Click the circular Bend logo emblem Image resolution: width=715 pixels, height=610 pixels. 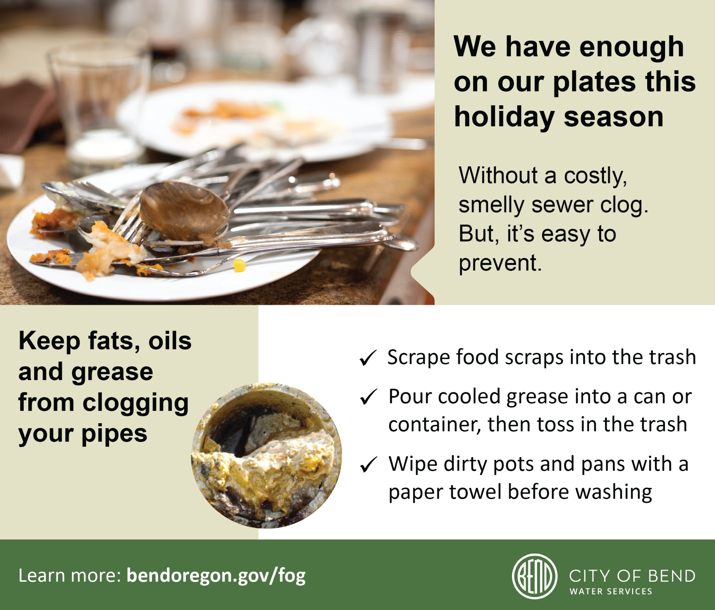tap(535, 576)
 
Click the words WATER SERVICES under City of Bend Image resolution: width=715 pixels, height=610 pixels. tap(611, 591)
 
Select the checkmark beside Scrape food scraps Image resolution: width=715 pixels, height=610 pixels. tap(368, 358)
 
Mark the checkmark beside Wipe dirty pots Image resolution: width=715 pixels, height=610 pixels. tap(369, 464)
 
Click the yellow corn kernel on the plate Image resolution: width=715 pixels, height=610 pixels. tap(239, 265)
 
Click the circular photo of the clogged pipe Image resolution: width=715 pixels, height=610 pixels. tap(266, 455)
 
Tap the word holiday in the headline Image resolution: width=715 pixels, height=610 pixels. tap(504, 117)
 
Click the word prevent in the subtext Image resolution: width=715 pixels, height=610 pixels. tap(500, 263)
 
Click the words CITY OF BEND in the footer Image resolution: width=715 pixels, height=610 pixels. tap(632, 576)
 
